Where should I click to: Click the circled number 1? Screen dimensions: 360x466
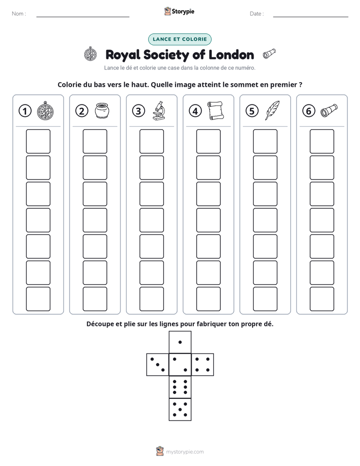pos(25,111)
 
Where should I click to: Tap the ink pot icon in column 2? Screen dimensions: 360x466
pos(102,110)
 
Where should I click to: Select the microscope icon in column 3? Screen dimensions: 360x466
pos(159,110)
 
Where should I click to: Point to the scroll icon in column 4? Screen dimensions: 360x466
pos(215,110)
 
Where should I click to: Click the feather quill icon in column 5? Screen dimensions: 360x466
pos(272,110)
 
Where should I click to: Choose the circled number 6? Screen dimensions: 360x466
pos(309,111)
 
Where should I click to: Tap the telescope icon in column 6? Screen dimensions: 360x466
pos(329,110)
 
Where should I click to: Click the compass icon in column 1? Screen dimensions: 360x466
pos(45,110)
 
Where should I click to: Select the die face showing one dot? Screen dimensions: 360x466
pos(180,342)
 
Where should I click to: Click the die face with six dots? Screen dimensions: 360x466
pos(180,387)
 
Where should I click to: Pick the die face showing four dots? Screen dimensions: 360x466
pos(203,365)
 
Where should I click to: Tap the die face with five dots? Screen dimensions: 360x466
pos(180,410)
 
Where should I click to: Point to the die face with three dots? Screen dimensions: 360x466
pos(158,365)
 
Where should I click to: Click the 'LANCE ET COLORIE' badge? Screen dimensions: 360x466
pos(179,39)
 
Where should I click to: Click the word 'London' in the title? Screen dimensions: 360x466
pos(231,54)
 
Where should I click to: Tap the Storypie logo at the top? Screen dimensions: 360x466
pos(179,11)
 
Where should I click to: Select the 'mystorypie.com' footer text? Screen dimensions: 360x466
pos(185,452)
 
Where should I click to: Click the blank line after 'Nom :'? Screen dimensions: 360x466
pos(83,17)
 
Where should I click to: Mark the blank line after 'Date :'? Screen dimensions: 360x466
pos(311,17)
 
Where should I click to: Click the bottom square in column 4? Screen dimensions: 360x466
pos(209,299)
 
